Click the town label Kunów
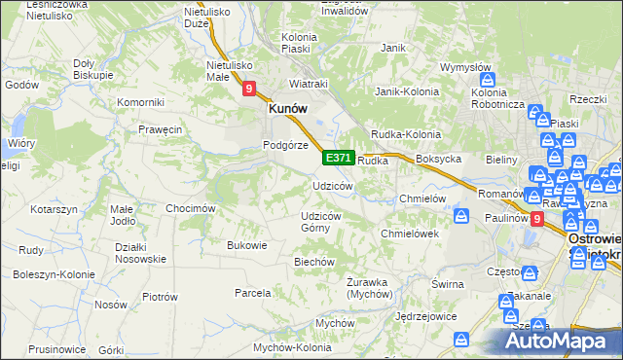pyautogui.click(x=288, y=111)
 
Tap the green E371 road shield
pyautogui.click(x=338, y=158)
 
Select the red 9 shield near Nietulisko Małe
pyautogui.click(x=249, y=90)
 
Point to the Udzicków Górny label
pyautogui.click(x=320, y=221)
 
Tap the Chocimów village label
pyautogui.click(x=190, y=208)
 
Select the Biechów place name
pyautogui.click(x=314, y=262)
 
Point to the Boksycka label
pyautogui.click(x=436, y=159)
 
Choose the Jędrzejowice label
pyautogui.click(x=425, y=317)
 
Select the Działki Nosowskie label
pyautogui.click(x=132, y=253)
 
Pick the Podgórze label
pyautogui.click(x=285, y=145)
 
